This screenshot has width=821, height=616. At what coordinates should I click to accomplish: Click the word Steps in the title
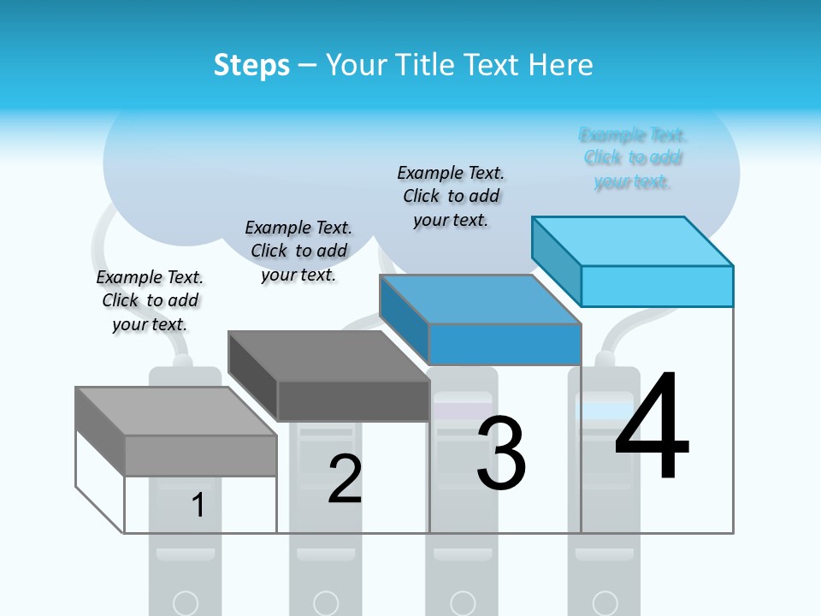tap(251, 65)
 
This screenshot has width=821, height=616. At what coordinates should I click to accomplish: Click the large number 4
tap(652, 428)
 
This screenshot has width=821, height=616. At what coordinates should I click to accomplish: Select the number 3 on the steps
tap(501, 453)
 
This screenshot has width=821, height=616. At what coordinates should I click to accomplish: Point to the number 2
tap(345, 479)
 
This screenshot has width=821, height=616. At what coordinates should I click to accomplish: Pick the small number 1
tap(198, 505)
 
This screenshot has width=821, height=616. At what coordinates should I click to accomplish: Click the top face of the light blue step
tap(633, 240)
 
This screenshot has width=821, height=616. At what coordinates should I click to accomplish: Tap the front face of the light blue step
tap(657, 286)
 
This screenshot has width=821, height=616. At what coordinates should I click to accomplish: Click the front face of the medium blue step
tap(505, 344)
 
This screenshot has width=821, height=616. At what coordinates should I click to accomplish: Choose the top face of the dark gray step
tap(328, 355)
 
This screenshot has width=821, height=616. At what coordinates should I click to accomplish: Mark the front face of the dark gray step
tap(353, 400)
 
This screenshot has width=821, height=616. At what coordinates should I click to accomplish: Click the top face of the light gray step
tap(176, 411)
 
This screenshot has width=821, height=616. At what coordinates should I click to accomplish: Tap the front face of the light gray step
tap(200, 455)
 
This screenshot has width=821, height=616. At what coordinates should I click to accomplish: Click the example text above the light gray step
tap(150, 300)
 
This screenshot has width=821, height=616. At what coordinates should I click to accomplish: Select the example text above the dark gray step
tap(298, 251)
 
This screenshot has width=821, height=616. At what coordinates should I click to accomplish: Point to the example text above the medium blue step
tap(451, 196)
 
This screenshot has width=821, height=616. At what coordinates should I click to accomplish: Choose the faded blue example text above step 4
tap(633, 158)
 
